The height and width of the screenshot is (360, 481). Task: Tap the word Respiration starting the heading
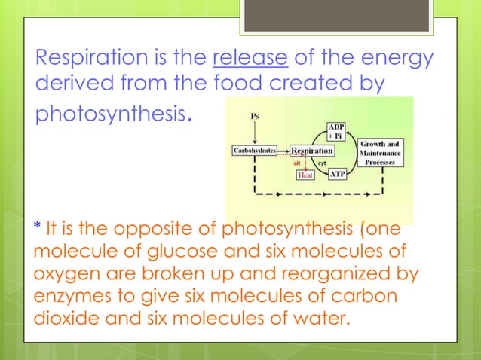(84, 58)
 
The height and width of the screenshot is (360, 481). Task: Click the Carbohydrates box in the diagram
(253, 151)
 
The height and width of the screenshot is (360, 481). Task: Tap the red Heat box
(305, 175)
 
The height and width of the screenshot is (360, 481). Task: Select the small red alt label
(298, 163)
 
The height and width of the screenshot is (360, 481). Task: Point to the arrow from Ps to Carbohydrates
(254, 133)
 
